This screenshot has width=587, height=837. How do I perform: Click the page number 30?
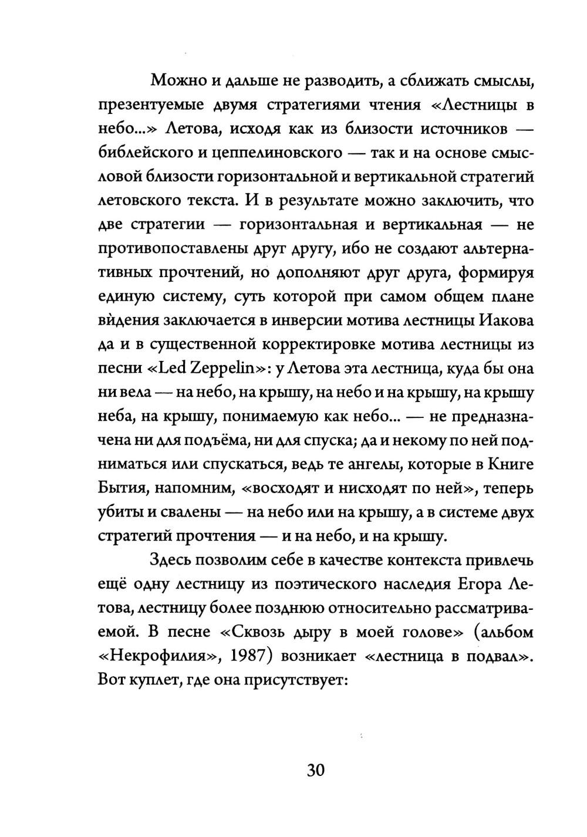pos(315,770)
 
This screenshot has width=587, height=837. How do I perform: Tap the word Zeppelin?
pos(227,369)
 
